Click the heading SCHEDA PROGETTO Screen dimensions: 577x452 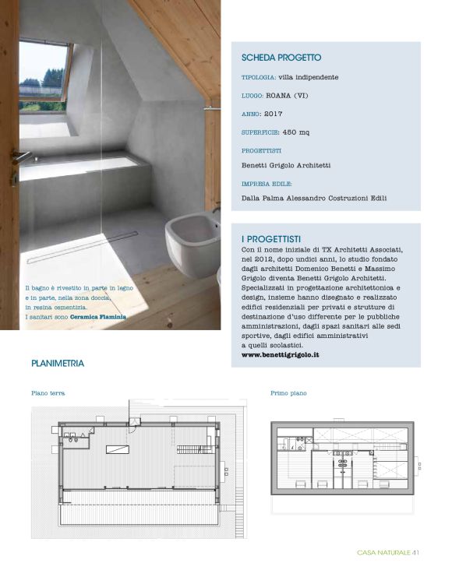click(281, 58)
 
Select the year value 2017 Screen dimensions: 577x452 click(274, 113)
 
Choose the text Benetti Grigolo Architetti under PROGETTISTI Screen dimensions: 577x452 click(286, 165)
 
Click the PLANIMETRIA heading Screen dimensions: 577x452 click(58, 364)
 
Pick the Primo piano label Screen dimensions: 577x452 click(288, 393)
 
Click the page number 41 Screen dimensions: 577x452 click(417, 554)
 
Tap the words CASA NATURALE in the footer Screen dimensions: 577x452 click(383, 554)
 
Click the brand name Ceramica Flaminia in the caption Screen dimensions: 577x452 click(98, 318)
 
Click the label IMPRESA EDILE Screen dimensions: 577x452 click(267, 184)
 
